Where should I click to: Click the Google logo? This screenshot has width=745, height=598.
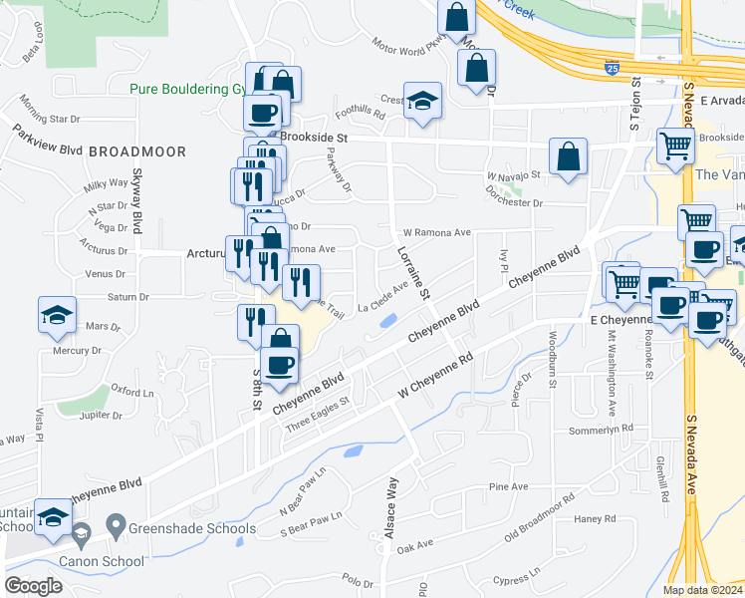[33, 586]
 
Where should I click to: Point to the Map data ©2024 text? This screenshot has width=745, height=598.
[702, 590]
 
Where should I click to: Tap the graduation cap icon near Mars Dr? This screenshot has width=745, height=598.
[57, 315]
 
